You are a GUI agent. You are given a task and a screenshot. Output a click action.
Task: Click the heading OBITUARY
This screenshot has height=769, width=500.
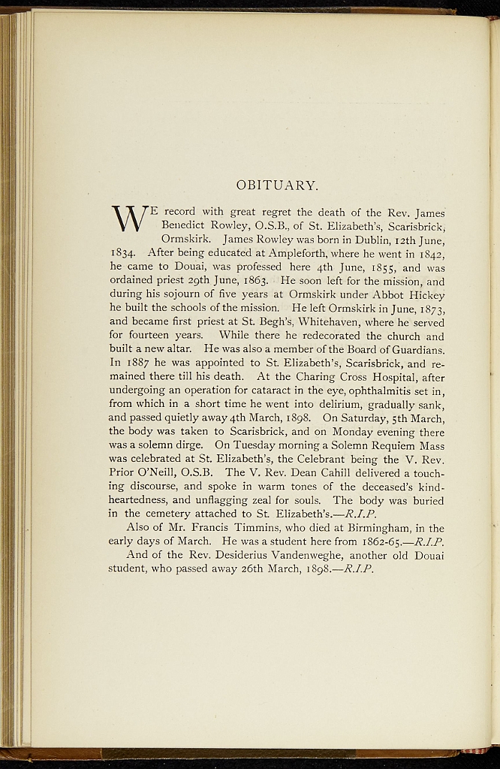pyautogui.click(x=277, y=185)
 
